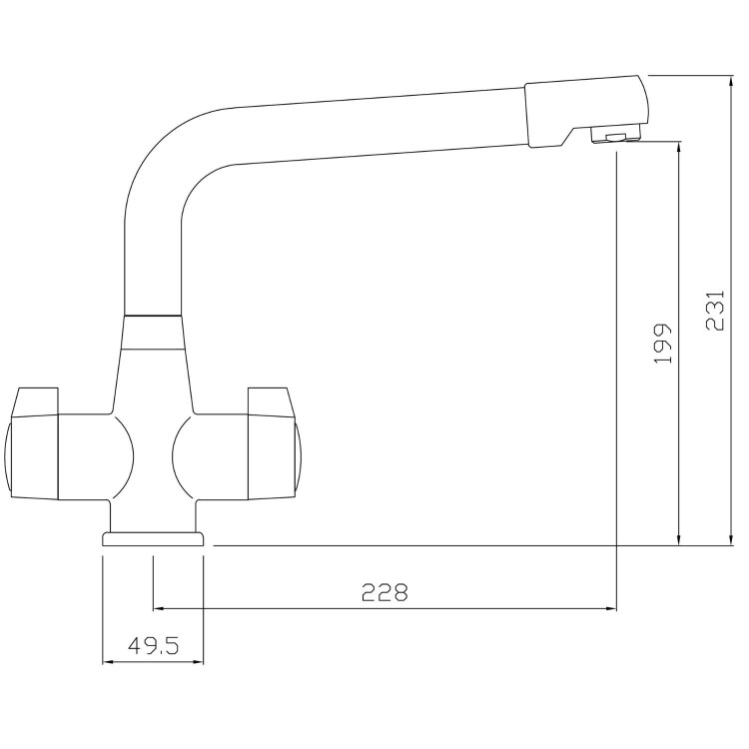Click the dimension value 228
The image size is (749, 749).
click(384, 592)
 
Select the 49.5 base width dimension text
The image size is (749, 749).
click(153, 646)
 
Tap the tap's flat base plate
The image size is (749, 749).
click(154, 539)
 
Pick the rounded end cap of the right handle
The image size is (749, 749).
click(300, 456)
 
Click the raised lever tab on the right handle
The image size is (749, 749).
click(275, 400)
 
